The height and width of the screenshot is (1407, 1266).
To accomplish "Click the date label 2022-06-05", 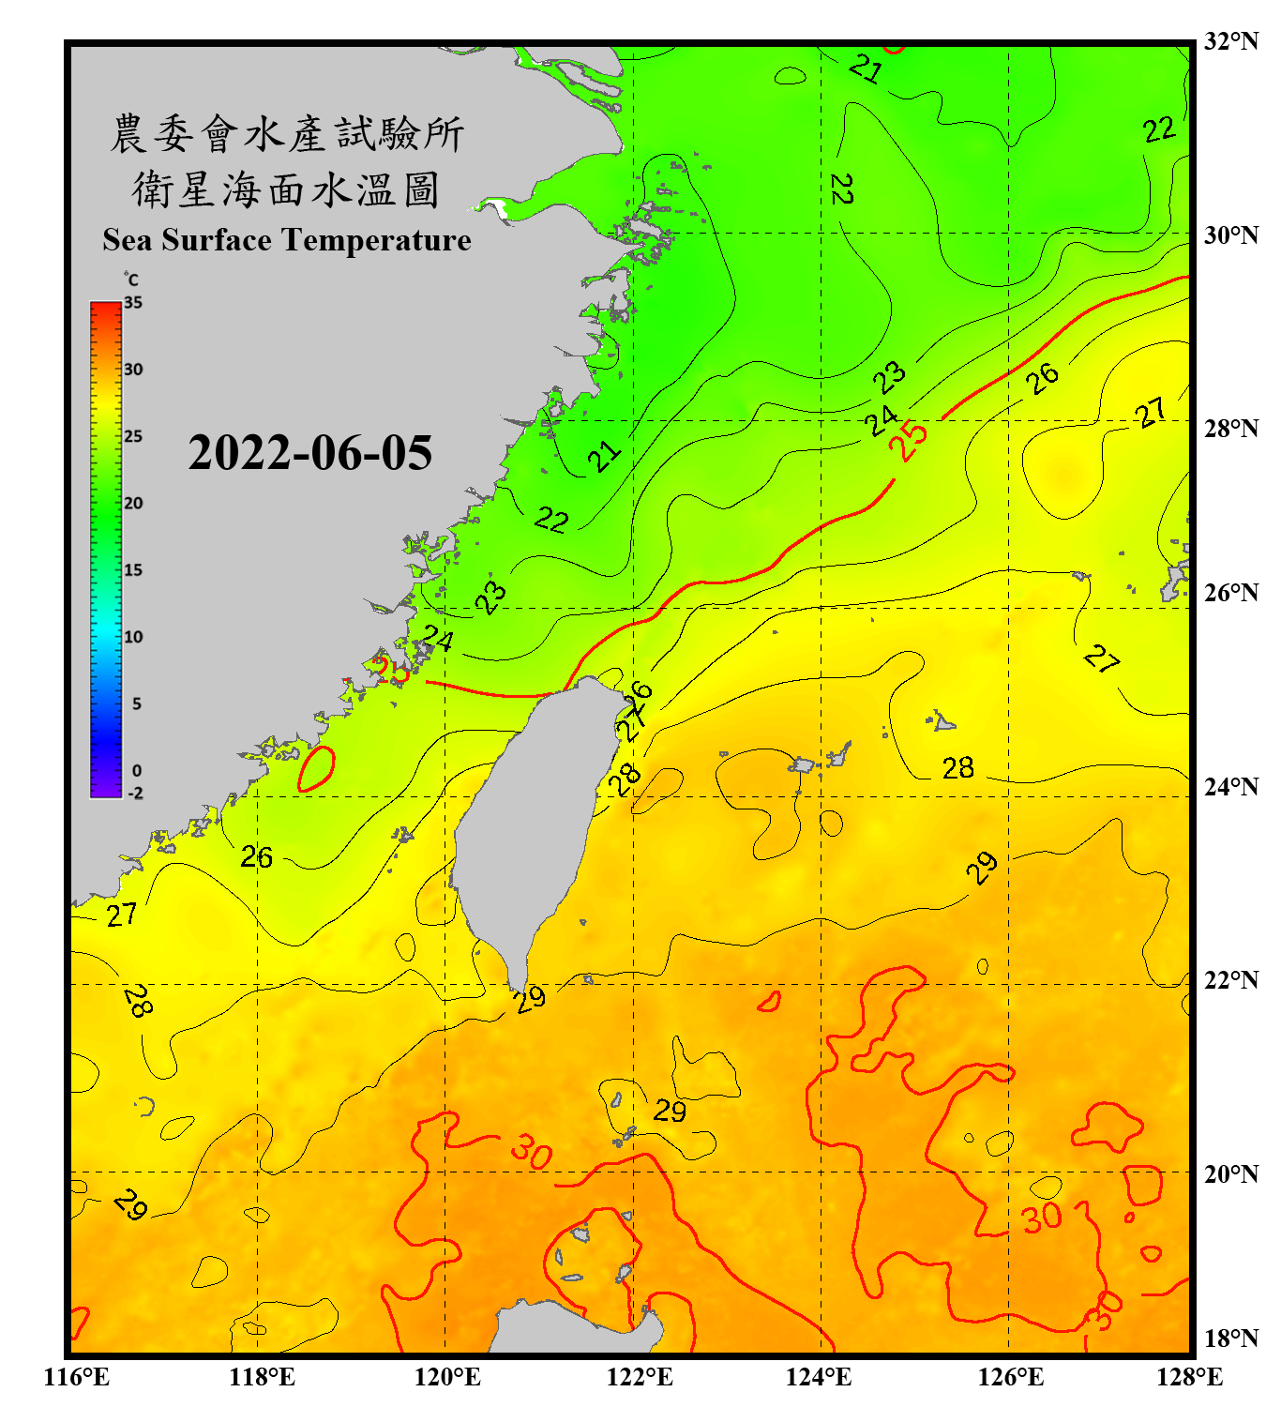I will tap(309, 453).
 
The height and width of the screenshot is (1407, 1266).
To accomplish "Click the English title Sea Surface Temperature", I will tap(287, 240).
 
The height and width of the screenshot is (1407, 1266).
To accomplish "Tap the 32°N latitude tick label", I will tap(1230, 41).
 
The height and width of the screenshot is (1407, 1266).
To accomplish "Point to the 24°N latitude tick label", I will tap(1230, 786).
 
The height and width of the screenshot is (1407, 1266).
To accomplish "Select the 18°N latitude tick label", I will tap(1230, 1338).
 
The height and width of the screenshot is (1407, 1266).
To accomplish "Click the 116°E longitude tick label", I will tap(77, 1377).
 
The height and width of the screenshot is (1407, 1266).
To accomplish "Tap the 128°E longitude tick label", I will tap(1189, 1377).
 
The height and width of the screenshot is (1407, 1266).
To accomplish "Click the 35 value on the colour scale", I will tap(133, 303).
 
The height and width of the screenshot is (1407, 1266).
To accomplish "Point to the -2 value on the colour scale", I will tap(135, 794).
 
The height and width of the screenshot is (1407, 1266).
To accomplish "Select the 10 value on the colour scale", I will tap(133, 637).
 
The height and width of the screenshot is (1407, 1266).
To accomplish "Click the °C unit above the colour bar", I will tap(131, 280).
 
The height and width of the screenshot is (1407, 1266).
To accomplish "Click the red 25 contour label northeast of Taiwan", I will tap(908, 440).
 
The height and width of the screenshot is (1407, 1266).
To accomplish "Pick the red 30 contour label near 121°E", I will tap(532, 1152).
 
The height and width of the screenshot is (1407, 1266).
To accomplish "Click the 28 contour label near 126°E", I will tap(957, 768).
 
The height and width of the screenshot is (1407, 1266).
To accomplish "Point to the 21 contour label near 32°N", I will tap(865, 68).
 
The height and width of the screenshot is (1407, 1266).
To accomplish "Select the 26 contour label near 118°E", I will tap(256, 856).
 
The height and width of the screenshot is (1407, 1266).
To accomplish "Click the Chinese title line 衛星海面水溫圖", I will tap(286, 190).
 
